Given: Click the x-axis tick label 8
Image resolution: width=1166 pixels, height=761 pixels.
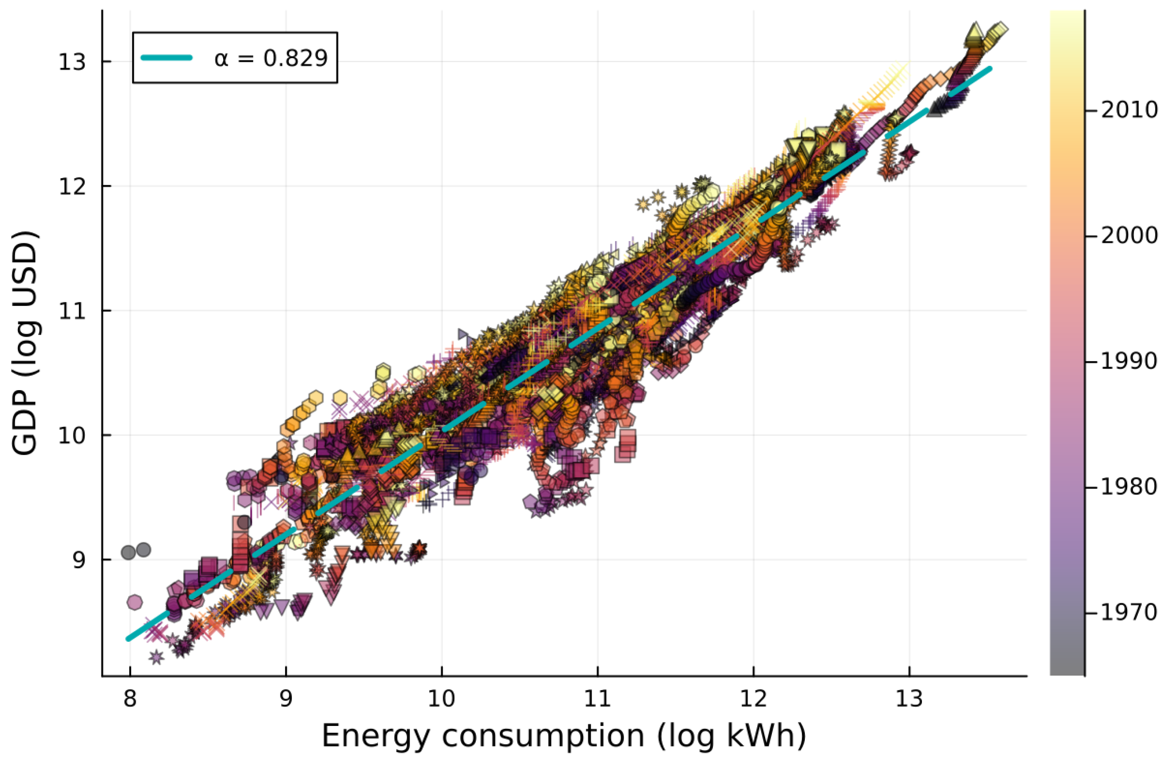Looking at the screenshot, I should pos(130,699).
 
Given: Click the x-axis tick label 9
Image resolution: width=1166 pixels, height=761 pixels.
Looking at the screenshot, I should pos(286,699).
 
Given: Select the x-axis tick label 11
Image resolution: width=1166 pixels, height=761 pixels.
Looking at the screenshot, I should pos(597,699).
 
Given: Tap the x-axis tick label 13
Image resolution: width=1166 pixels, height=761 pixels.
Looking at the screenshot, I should pos(909,699).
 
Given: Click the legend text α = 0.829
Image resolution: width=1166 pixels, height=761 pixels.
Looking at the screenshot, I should pos(271,58).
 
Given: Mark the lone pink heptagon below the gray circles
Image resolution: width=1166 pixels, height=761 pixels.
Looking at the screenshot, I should pos(135,602).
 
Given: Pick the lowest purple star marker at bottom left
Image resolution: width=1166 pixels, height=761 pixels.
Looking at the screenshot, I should pos(156,657).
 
